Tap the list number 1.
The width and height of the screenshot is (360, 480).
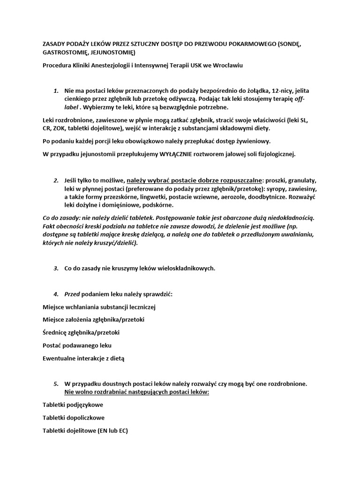(x=55, y=90)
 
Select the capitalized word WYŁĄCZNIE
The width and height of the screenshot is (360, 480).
(x=181, y=154)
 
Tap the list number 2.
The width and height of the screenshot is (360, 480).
(x=55, y=180)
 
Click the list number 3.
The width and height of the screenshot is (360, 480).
(x=55, y=268)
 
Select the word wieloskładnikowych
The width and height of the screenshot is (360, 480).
(x=184, y=268)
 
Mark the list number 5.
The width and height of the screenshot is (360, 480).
(x=55, y=383)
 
